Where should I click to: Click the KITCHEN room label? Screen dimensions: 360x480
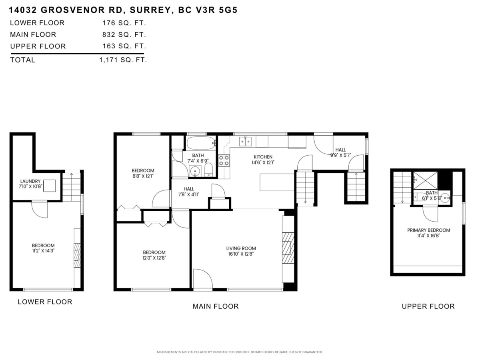263,157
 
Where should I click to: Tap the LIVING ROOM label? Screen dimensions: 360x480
241,248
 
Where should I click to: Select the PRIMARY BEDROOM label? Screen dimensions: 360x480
428,230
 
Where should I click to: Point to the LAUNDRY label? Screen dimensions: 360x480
30,181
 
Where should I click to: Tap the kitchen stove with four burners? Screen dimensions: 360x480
224,161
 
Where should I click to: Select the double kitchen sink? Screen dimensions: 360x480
245,141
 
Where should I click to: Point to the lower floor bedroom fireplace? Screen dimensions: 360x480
77,252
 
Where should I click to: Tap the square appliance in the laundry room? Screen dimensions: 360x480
50,186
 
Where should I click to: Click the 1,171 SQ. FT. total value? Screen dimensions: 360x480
123,60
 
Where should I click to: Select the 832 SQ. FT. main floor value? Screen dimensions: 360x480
124,35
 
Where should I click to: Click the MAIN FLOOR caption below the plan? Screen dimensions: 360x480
216,306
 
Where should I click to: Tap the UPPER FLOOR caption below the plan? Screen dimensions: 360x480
428,306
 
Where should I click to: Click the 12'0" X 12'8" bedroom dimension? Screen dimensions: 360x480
154,258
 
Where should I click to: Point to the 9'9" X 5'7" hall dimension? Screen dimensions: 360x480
340,155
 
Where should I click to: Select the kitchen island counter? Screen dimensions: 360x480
277,182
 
